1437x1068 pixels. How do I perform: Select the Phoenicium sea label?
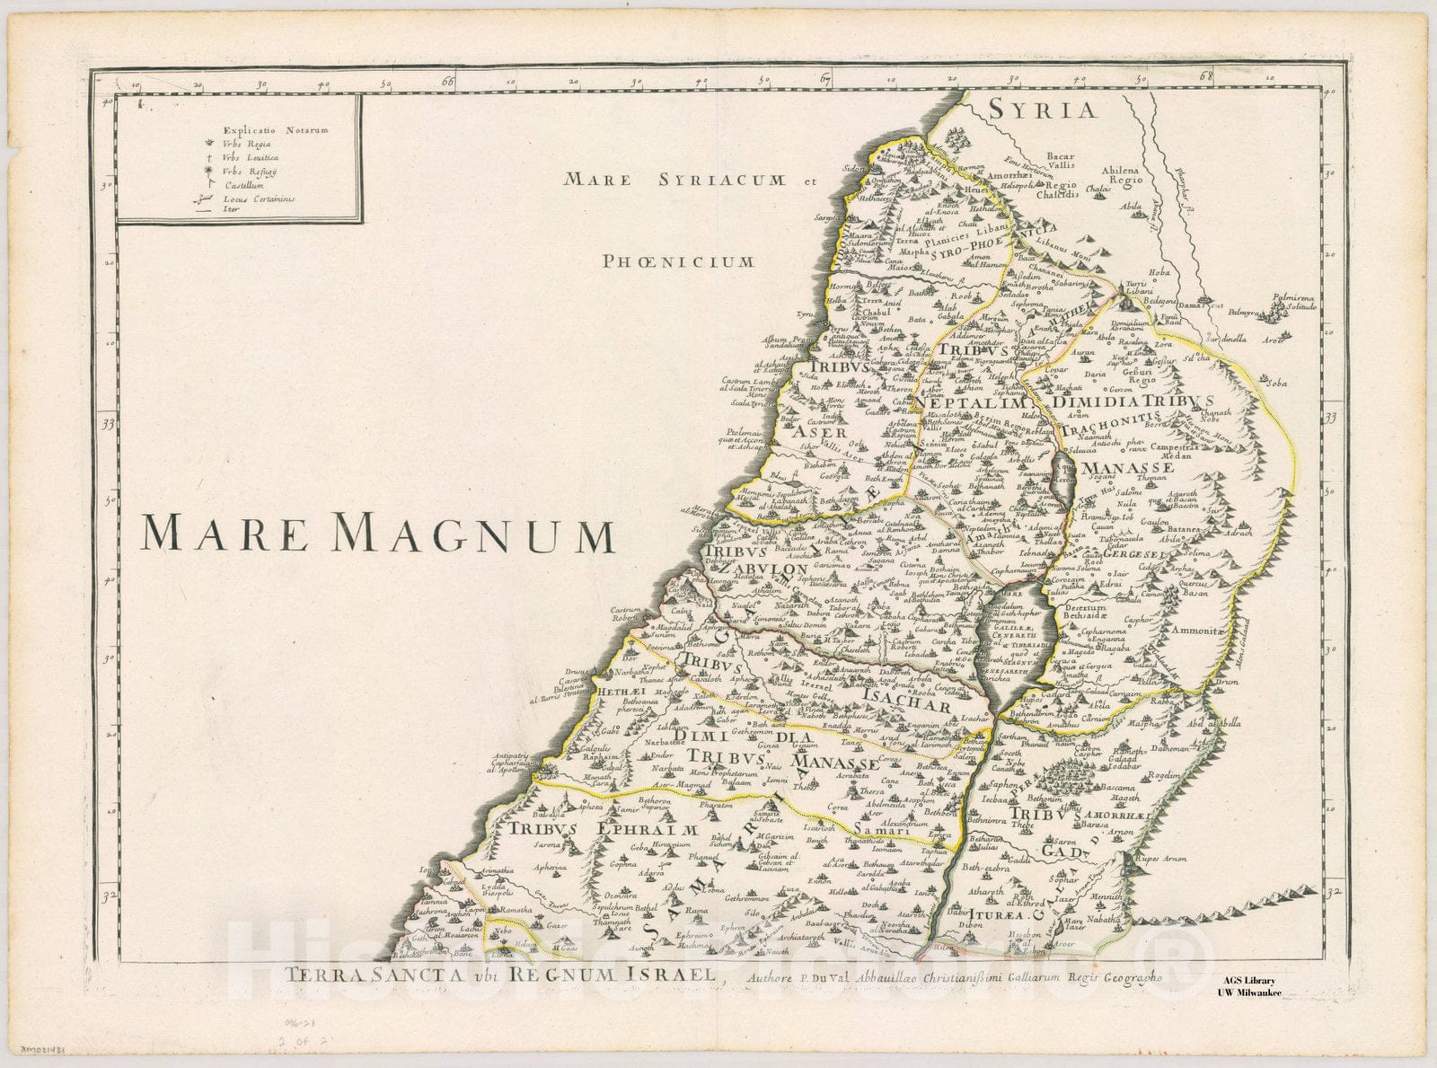pyautogui.click(x=679, y=261)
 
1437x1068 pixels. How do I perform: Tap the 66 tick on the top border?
pyautogui.click(x=448, y=83)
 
